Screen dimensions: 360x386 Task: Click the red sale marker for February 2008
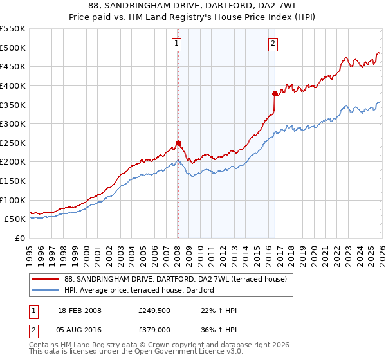[x=178, y=143]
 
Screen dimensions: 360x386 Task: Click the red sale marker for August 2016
[x=275, y=93]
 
